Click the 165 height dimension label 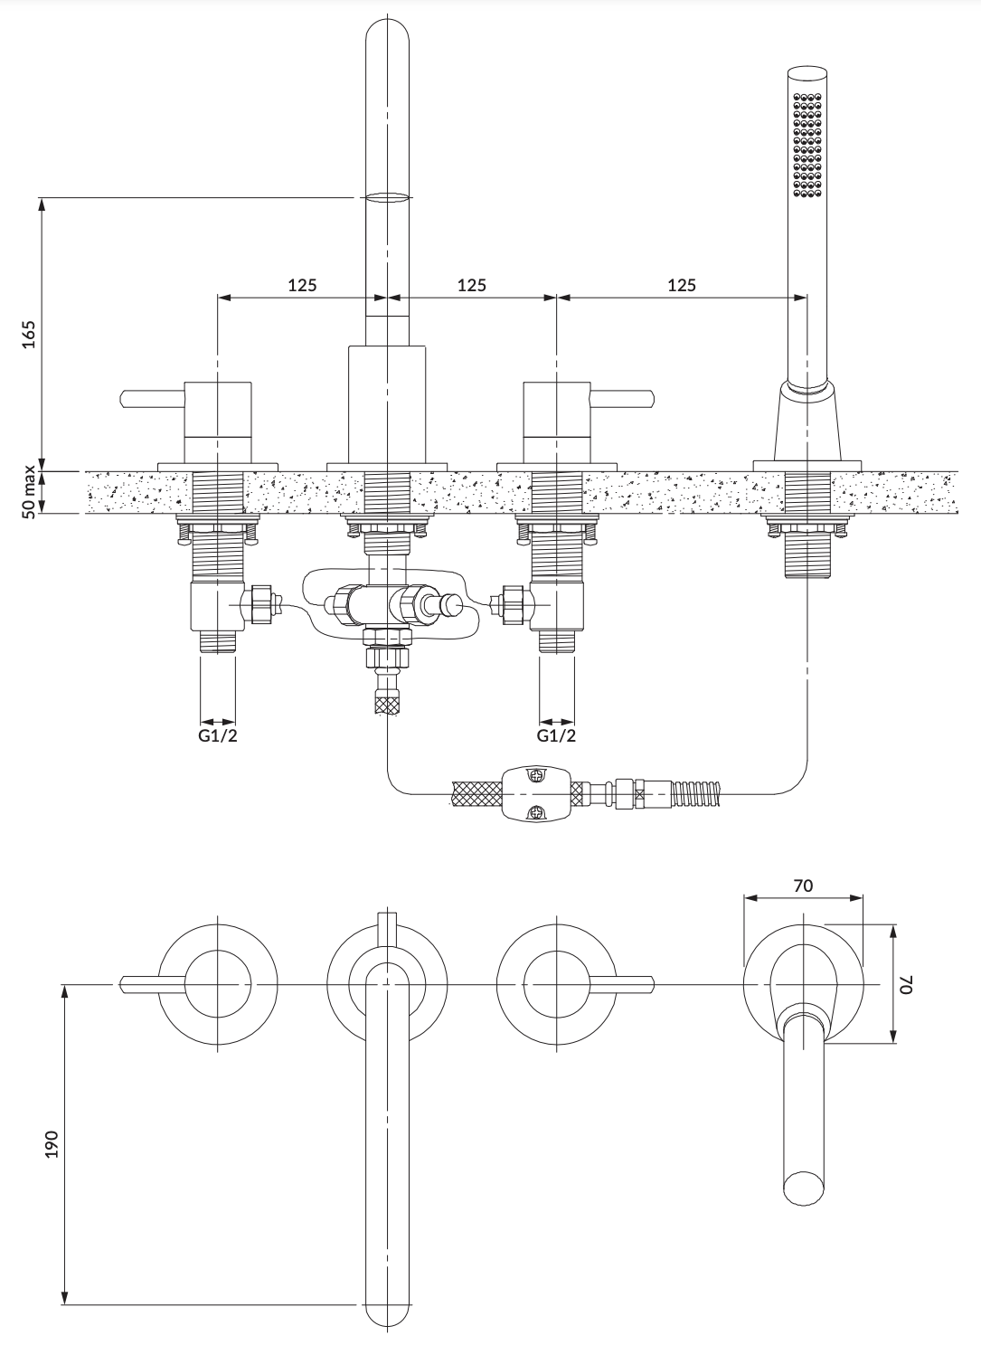pyautogui.click(x=28, y=335)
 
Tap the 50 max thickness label pyautogui.click(x=29, y=492)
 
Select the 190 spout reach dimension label pyautogui.click(x=52, y=1144)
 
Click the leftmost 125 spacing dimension pyautogui.click(x=302, y=285)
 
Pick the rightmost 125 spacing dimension pyautogui.click(x=682, y=285)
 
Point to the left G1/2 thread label pyautogui.click(x=218, y=735)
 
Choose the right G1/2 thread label pyautogui.click(x=556, y=735)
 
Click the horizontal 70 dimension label pyautogui.click(x=803, y=886)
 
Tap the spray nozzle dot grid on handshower pyautogui.click(x=807, y=145)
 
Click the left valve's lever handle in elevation pyautogui.click(x=153, y=398)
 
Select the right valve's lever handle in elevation pyautogui.click(x=621, y=398)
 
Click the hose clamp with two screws pyautogui.click(x=536, y=793)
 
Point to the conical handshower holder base pyautogui.click(x=807, y=421)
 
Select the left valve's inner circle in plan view pyautogui.click(x=217, y=984)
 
